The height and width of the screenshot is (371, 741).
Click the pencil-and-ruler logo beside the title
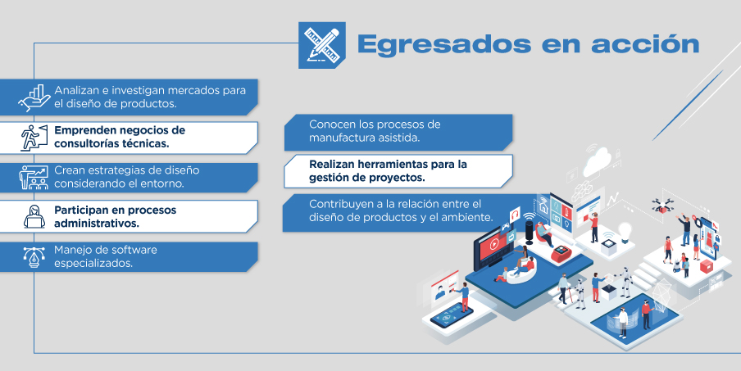point(322,45)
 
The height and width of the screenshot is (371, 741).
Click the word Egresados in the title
point(444,45)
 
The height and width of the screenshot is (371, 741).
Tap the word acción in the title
point(645,44)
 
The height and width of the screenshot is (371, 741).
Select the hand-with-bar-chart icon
point(34,97)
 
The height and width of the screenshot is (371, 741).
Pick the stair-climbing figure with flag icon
point(34,138)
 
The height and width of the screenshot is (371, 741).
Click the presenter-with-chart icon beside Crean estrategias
point(34,177)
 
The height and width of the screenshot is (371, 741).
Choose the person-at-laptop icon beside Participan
point(34,217)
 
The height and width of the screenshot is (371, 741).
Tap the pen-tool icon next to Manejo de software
point(34,257)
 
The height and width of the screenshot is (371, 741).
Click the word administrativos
point(97,224)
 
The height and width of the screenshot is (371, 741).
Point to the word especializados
point(93,264)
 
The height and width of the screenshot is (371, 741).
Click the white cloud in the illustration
point(598,161)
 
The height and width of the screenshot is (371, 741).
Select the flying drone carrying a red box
point(662,206)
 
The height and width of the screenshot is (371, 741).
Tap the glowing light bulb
point(625,233)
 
